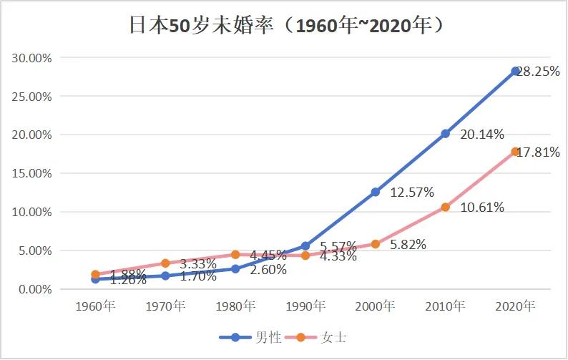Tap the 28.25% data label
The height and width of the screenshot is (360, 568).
point(539,72)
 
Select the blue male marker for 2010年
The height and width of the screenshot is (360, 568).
point(445,133)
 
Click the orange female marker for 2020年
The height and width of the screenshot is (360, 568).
point(515,152)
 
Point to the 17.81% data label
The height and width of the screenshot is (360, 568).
point(539,152)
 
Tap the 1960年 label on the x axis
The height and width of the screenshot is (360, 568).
point(96,306)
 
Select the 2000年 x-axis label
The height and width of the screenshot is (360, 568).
point(375,306)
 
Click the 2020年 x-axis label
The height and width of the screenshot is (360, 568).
point(515,306)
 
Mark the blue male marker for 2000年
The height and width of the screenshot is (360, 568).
point(375,192)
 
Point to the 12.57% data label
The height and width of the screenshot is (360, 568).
point(413,192)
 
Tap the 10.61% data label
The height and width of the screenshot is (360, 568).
point(483,208)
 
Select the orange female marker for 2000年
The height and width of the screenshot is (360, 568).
point(375,244)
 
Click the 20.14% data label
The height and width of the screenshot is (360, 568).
point(483,134)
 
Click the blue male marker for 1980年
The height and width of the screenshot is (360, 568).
point(235,269)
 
